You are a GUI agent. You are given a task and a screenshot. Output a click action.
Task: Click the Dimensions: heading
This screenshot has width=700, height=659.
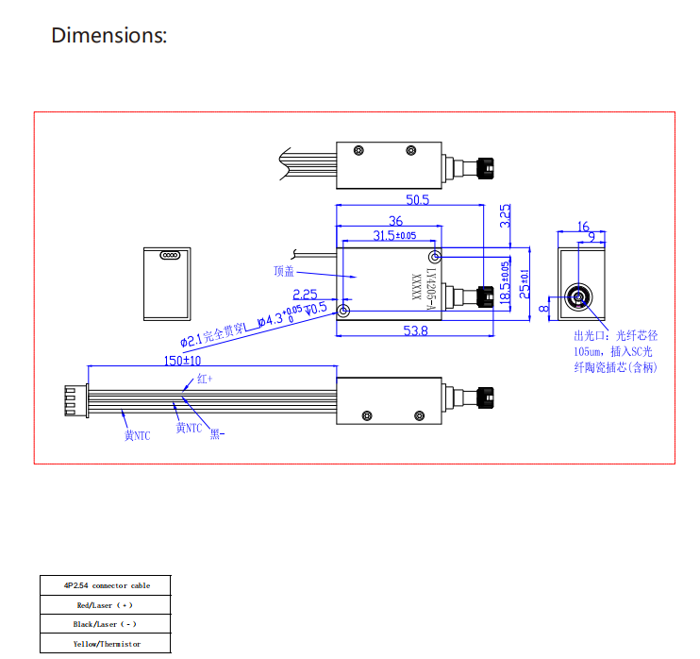(x=108, y=36)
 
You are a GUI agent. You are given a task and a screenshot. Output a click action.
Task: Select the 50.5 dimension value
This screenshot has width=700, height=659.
(x=417, y=200)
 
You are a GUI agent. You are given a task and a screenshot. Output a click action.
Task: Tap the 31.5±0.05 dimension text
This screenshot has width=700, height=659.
(x=394, y=235)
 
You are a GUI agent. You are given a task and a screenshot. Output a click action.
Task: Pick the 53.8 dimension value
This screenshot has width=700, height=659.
(x=415, y=330)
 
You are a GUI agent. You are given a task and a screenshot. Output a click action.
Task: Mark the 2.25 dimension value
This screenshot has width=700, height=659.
(x=305, y=295)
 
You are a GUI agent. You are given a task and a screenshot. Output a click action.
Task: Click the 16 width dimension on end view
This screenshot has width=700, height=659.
(x=582, y=227)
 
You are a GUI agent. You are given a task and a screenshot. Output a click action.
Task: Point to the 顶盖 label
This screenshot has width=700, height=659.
(x=284, y=271)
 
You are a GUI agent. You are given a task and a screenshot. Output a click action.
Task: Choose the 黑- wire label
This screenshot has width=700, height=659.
(x=216, y=435)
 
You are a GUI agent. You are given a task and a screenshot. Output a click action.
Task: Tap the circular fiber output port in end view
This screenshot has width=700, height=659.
(x=577, y=299)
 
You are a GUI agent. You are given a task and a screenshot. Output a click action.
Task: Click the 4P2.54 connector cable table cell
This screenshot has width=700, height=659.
(x=107, y=585)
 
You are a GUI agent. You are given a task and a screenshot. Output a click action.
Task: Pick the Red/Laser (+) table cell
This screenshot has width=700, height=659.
(x=107, y=605)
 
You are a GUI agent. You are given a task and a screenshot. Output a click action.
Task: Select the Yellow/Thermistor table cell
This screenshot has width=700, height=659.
(x=107, y=644)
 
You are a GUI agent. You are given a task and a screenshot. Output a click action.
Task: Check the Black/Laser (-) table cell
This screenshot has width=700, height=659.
(x=107, y=624)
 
